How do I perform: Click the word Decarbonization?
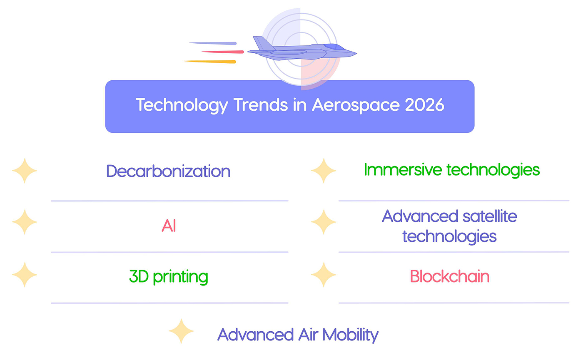pyautogui.click(x=168, y=171)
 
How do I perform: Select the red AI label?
pyautogui.click(x=169, y=226)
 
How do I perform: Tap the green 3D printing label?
pyautogui.click(x=168, y=277)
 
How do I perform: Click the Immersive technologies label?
pyautogui.click(x=452, y=170)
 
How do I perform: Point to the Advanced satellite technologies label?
pyautogui.click(x=449, y=226)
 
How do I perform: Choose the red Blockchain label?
pyautogui.click(x=449, y=277)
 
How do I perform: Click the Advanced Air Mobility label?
pyautogui.click(x=298, y=335)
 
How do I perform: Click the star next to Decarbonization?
pyautogui.click(x=25, y=171)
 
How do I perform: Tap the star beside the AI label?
pyautogui.click(x=25, y=222)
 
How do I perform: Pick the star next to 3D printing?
pyautogui.click(x=25, y=275)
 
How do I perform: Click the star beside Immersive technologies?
pyautogui.click(x=323, y=171)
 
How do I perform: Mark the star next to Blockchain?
pyautogui.click(x=323, y=275)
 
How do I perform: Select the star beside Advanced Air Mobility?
pyautogui.click(x=181, y=331)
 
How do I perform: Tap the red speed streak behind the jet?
pyautogui.click(x=223, y=52)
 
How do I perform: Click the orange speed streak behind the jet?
pyautogui.click(x=211, y=62)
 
